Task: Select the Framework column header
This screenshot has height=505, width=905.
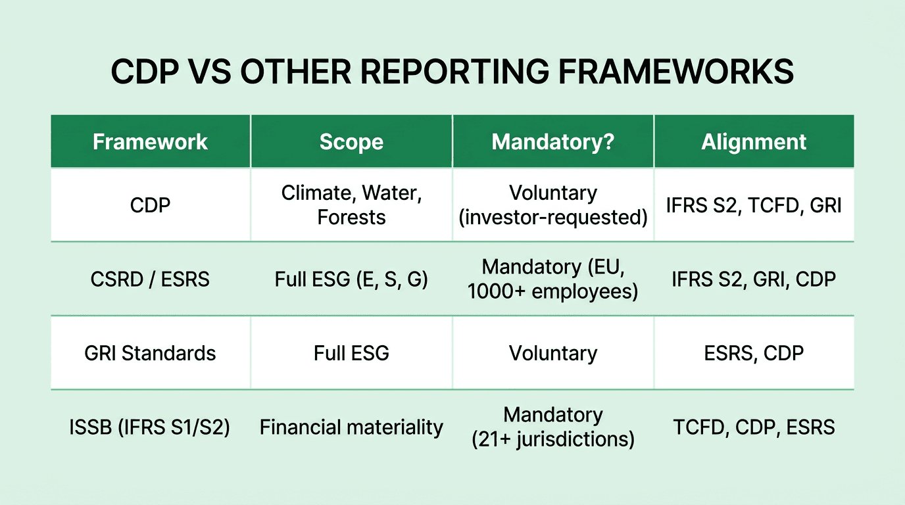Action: tap(150, 142)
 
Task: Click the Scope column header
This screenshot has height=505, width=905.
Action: tap(351, 142)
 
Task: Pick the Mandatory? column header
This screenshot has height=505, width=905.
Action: tap(553, 142)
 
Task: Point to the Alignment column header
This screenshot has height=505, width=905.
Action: tap(754, 142)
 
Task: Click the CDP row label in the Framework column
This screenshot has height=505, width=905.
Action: tap(150, 205)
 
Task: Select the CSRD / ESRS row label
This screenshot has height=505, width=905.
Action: tap(150, 279)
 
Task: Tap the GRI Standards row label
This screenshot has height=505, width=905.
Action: tap(150, 353)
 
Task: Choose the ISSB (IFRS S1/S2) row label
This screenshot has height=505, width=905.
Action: tap(150, 427)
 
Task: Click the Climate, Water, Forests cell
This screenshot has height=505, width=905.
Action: tap(351, 205)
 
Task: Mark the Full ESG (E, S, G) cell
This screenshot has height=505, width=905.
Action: tap(351, 279)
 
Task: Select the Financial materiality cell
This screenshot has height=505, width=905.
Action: tap(351, 427)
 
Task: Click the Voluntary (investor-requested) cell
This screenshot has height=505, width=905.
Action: tap(553, 205)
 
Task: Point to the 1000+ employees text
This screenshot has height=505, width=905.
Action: tap(553, 291)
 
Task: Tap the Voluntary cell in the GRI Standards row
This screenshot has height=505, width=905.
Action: tap(553, 353)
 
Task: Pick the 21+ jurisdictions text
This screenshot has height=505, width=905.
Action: tap(553, 439)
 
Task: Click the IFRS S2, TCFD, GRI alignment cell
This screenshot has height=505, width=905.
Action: tap(754, 205)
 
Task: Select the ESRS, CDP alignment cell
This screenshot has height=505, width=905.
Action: tap(754, 353)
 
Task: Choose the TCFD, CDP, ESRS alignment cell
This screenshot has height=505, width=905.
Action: tap(754, 427)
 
